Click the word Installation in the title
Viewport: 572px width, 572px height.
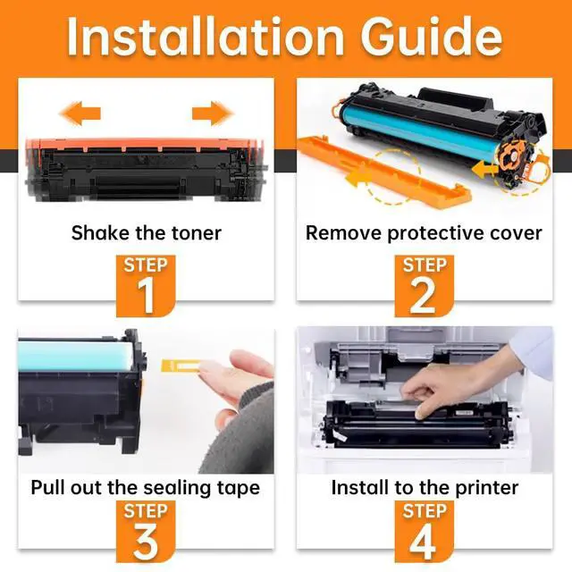point(205,37)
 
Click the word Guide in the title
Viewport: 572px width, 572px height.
point(432,37)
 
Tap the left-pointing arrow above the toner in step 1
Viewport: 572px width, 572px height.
point(80,114)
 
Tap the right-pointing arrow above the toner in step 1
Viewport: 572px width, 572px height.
point(213,114)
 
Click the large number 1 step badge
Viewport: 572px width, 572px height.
point(146,286)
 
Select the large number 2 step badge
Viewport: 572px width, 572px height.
point(425,286)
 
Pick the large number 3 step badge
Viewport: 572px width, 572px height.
point(146,531)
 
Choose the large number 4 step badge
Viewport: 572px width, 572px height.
point(425,531)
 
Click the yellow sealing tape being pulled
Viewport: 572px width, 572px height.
point(181,366)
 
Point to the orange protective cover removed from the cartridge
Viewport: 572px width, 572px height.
point(383,171)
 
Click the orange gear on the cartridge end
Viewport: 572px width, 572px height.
point(511,157)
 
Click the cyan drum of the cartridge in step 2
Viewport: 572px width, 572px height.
point(416,134)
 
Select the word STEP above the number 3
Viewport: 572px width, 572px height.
point(146,511)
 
